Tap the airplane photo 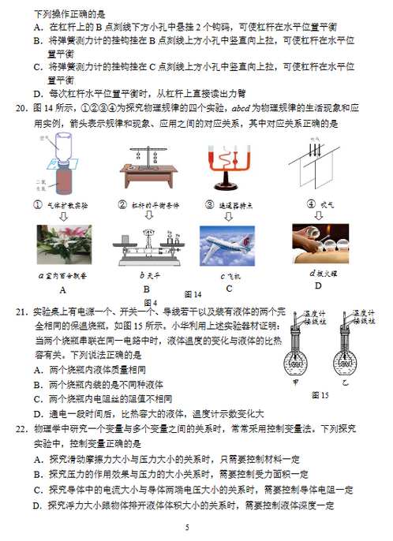click(226, 246)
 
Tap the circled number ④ click(295, 204)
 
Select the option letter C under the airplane click(228, 289)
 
